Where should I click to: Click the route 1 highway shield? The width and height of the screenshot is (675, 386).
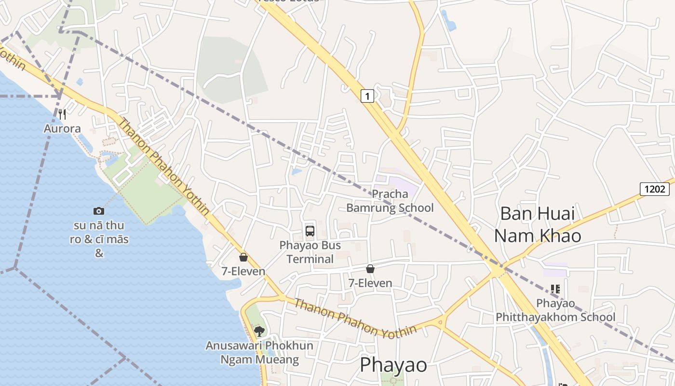click(367, 96)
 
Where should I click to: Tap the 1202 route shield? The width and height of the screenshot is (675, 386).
click(655, 189)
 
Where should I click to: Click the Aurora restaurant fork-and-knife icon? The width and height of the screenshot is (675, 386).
click(62, 114)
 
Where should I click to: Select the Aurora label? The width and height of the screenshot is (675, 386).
click(62, 129)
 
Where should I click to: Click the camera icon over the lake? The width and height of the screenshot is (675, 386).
click(99, 211)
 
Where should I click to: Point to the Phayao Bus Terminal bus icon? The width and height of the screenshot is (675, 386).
click(310, 231)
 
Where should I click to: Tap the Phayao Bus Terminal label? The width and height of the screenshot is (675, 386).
click(310, 252)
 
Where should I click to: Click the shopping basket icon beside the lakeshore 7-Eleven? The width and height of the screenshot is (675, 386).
click(243, 257)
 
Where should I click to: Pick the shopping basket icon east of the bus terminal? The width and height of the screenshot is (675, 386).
click(370, 268)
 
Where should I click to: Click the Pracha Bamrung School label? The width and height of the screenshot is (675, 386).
click(390, 201)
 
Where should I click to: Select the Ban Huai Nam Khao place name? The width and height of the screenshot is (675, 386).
click(538, 224)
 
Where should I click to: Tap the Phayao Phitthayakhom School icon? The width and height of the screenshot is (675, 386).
click(555, 289)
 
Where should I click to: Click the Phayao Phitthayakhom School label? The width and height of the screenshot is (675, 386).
click(556, 310)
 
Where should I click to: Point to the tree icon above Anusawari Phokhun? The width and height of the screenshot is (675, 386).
click(259, 331)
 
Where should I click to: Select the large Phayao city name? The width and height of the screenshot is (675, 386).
click(393, 365)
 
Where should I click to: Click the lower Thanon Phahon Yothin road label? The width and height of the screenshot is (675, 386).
click(355, 317)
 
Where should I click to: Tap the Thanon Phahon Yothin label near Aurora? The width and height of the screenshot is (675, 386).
click(163, 166)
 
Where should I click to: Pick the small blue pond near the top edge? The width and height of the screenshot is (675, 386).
click(448, 20)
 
